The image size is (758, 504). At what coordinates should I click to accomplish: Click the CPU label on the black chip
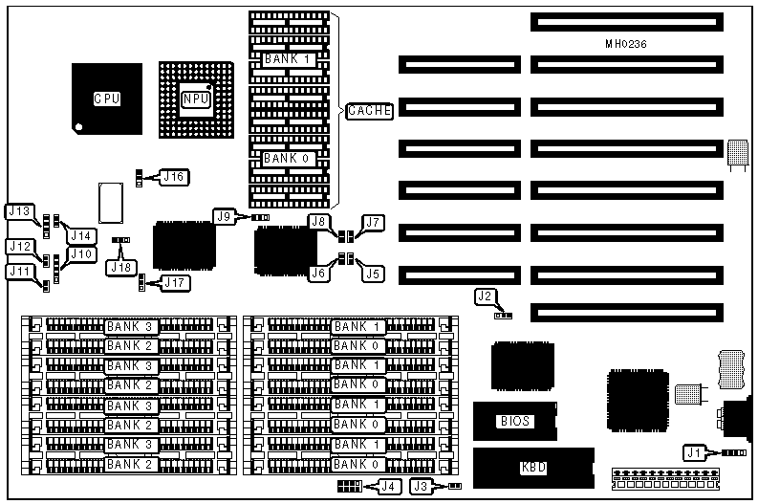click(x=107, y=99)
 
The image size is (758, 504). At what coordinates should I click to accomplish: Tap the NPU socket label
click(x=196, y=98)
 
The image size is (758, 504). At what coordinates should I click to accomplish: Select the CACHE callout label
click(x=369, y=111)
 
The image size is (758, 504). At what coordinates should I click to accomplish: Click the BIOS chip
click(x=515, y=421)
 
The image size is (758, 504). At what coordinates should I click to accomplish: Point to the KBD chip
click(x=532, y=468)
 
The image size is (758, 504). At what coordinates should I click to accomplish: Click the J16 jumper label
click(x=175, y=176)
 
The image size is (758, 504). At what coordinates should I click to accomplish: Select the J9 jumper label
click(x=225, y=217)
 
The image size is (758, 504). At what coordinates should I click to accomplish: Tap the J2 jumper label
click(x=486, y=296)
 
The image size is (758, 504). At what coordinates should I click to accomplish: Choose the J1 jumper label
click(x=695, y=451)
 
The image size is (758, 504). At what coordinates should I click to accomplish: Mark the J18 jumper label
click(x=122, y=267)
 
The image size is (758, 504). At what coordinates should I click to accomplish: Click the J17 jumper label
click(x=175, y=282)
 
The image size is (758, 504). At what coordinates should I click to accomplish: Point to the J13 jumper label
click(x=21, y=211)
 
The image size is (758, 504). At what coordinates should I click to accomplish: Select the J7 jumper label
click(x=372, y=223)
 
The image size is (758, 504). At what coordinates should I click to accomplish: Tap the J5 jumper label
click(x=372, y=274)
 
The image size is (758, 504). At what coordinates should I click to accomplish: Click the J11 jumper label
click(x=19, y=272)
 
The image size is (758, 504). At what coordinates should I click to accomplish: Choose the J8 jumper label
click(x=319, y=222)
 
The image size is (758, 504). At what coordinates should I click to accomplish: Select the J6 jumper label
click(x=319, y=274)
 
